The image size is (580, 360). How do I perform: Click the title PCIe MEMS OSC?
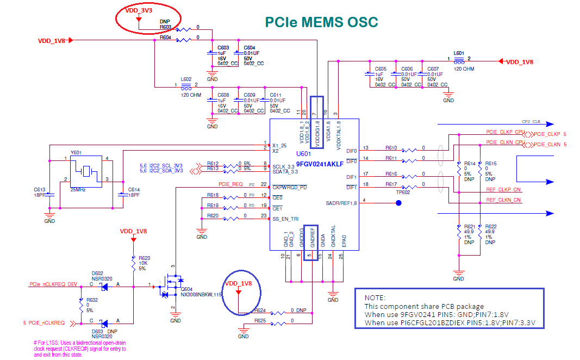pyautogui.click(x=321, y=22)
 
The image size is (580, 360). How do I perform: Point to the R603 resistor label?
pyautogui.click(x=165, y=27)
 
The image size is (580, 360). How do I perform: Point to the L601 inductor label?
pyautogui.click(x=459, y=53)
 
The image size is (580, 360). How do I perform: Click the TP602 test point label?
pyautogui.click(x=403, y=192)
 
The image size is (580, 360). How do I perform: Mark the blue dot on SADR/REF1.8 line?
pyautogui.click(x=398, y=203)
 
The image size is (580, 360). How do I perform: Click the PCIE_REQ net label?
pyautogui.click(x=230, y=184)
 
